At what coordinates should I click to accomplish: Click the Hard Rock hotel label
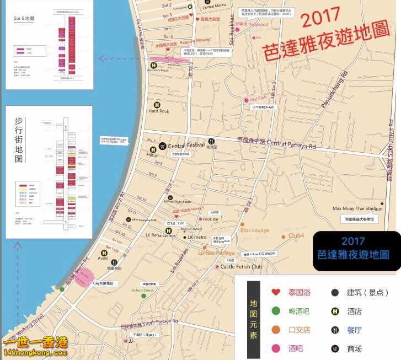(x=159, y=111)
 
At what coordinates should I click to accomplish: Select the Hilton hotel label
(x=153, y=156)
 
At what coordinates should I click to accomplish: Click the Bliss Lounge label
(x=255, y=230)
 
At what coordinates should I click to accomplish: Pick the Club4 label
(x=296, y=236)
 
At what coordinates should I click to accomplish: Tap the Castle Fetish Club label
(x=241, y=267)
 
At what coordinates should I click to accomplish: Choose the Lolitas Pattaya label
(x=216, y=252)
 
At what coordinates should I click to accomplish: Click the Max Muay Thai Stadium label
(x=357, y=209)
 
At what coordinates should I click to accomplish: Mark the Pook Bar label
(x=211, y=219)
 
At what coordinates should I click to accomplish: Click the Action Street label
(x=143, y=290)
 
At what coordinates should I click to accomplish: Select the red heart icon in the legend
(x=276, y=293)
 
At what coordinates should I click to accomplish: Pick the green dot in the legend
(x=276, y=311)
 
